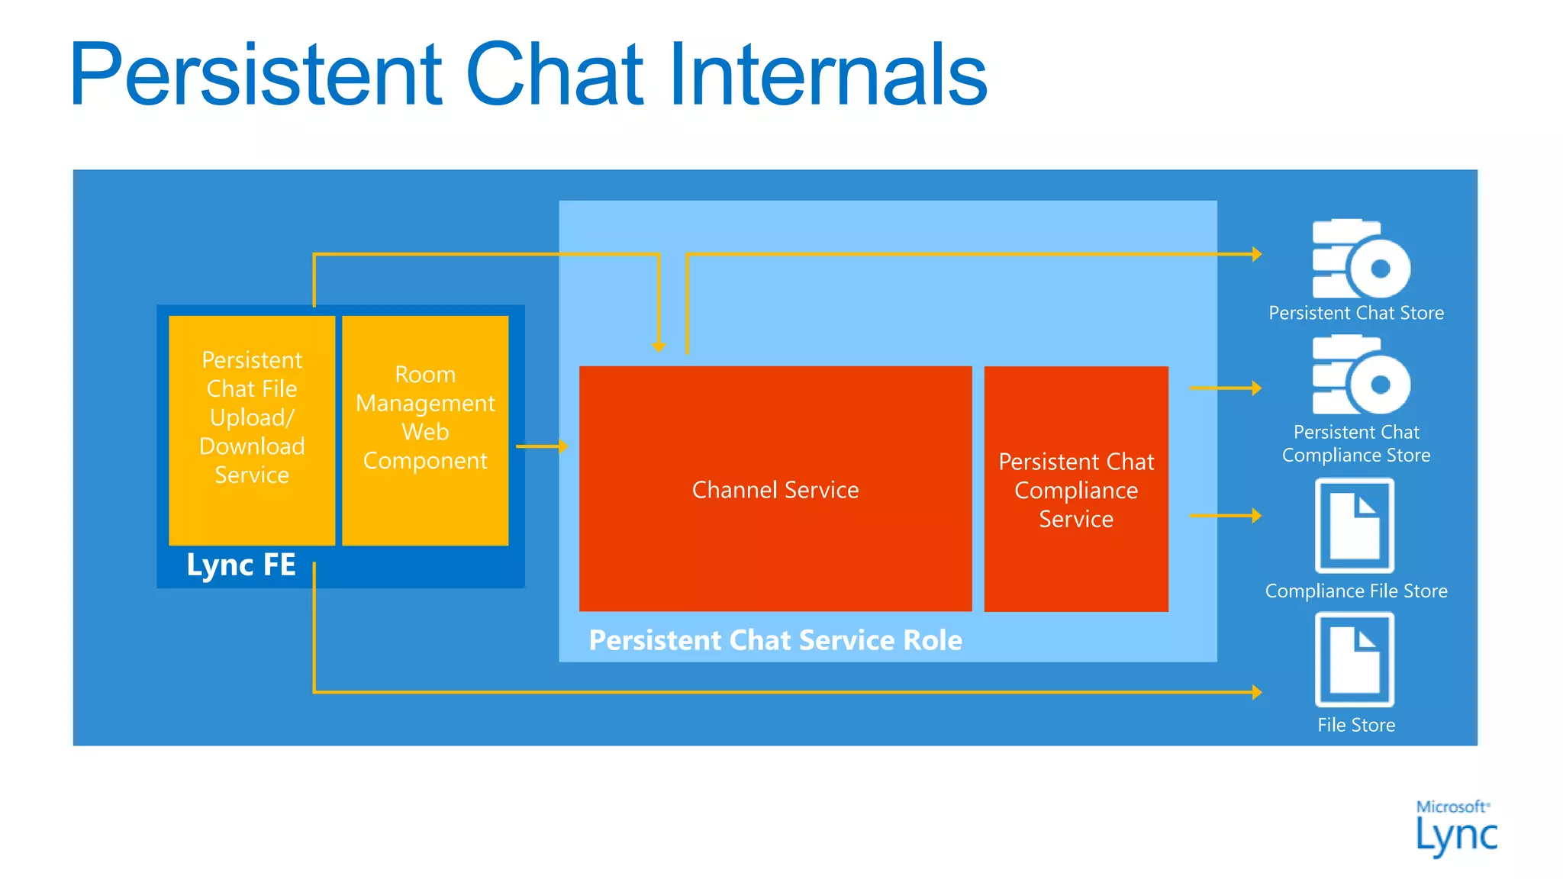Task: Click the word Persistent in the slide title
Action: tap(256, 75)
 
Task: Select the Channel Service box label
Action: tap(775, 490)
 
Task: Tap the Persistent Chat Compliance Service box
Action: tap(1075, 490)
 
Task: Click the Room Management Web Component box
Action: tap(425, 430)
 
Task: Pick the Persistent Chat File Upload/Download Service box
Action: tap(252, 430)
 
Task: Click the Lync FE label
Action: tap(241, 565)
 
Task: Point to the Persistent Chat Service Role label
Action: tap(775, 640)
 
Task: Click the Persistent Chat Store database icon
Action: tap(1359, 259)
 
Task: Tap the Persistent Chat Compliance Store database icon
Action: tap(1359, 375)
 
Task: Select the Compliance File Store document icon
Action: tap(1355, 526)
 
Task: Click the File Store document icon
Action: tap(1355, 660)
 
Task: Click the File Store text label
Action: tap(1355, 725)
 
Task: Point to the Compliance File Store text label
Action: tap(1355, 591)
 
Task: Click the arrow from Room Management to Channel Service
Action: tap(542, 446)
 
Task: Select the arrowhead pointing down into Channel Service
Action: tap(659, 346)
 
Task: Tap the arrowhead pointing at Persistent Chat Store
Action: tap(1256, 254)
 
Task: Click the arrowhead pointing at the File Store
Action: tap(1256, 692)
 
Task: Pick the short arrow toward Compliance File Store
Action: tap(1225, 516)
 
